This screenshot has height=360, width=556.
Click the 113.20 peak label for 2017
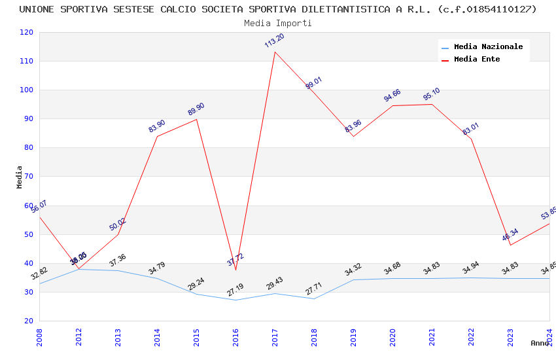point(274,41)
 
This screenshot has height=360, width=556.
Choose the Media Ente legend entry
point(477,60)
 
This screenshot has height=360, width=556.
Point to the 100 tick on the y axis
point(26,90)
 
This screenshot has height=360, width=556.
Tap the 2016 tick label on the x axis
point(235,338)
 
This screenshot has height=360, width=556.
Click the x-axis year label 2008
point(39,338)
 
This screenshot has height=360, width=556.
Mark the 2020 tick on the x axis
point(392,338)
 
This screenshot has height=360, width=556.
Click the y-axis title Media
point(20,177)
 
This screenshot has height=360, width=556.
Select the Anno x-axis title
point(540,343)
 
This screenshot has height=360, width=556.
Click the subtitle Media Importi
point(278,24)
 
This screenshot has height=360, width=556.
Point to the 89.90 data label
point(196,109)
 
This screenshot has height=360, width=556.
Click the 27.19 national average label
point(235,289)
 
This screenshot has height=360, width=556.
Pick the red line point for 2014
point(157,136)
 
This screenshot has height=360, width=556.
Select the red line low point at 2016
point(235,270)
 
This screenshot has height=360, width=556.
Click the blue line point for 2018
point(314,298)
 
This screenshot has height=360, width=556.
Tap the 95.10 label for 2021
point(431,94)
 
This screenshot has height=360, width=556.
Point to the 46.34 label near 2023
point(510,235)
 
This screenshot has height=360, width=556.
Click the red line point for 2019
point(353,136)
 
